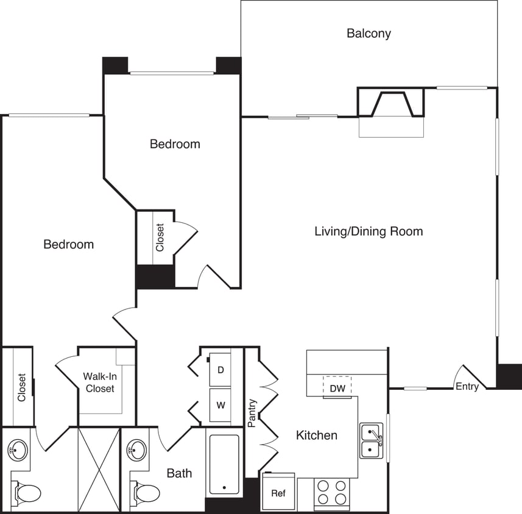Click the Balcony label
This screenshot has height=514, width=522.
pyautogui.click(x=369, y=33)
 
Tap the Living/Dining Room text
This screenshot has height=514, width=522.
pyautogui.click(x=369, y=231)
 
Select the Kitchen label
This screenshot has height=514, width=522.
pyautogui.click(x=316, y=435)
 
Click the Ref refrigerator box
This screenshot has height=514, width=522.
pyautogui.click(x=278, y=493)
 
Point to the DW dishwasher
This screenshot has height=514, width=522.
pyautogui.click(x=337, y=388)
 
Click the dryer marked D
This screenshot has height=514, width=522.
pyautogui.click(x=220, y=370)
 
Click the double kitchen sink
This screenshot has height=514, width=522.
pyautogui.click(x=371, y=441)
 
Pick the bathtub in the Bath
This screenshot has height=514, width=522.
pyautogui.click(x=224, y=464)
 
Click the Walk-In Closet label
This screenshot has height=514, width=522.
pyautogui.click(x=100, y=382)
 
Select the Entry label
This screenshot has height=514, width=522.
pyautogui.click(x=467, y=386)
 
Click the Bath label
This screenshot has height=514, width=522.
pyautogui.click(x=179, y=473)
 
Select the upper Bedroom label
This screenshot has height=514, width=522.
pyautogui.click(x=175, y=144)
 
